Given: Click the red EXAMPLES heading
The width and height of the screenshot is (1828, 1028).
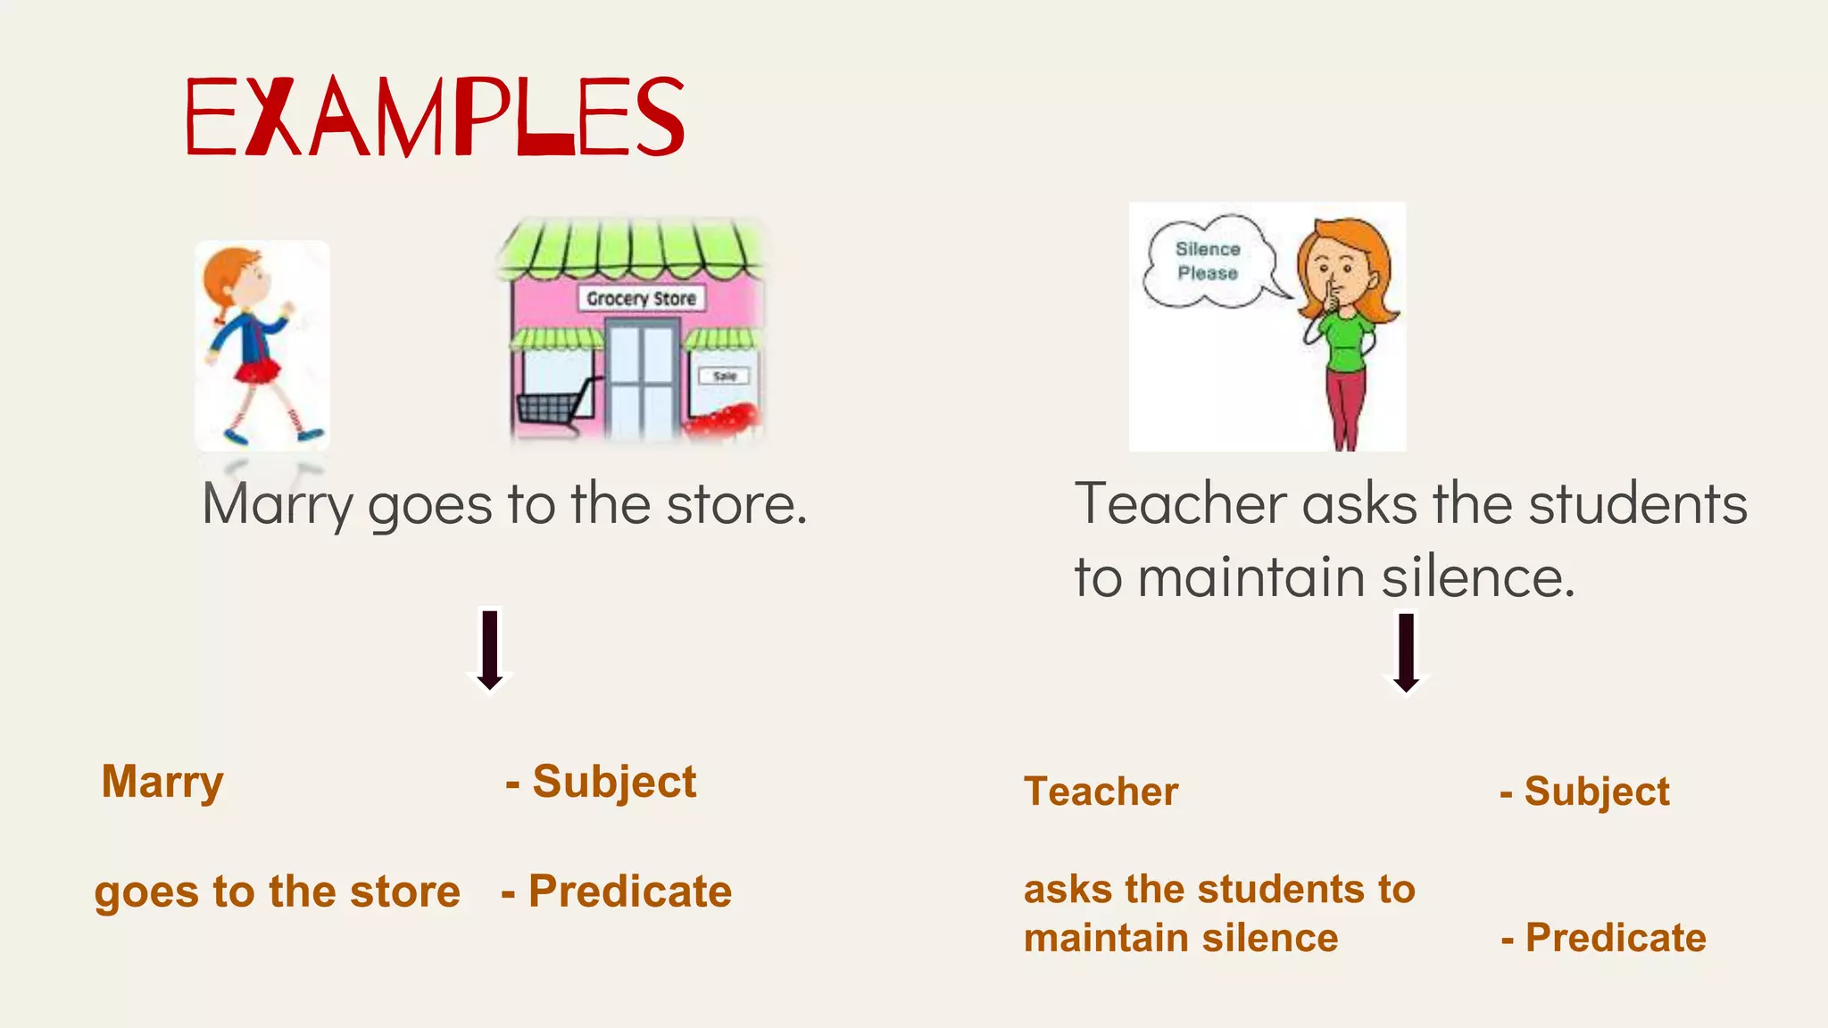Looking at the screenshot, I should point(435,116).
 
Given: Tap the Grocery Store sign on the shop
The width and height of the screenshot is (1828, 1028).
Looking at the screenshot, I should point(641,298).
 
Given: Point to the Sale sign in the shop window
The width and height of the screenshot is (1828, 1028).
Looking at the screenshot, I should point(725,376).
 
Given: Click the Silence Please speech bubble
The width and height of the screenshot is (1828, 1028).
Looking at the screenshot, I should point(1207,261).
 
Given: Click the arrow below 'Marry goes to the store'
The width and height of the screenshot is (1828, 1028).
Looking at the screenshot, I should point(490,651).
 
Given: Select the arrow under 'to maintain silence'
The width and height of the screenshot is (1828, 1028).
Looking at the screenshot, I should point(1407,653).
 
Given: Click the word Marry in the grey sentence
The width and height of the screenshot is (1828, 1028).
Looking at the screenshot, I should point(278,504).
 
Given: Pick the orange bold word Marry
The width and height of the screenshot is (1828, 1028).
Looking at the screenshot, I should point(162,782).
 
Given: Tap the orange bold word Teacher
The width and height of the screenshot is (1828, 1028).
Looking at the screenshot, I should point(1101,792).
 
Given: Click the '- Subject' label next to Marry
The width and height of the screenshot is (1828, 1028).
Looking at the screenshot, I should point(601,782).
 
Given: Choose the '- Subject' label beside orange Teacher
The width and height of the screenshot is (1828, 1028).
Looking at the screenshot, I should point(1585,792).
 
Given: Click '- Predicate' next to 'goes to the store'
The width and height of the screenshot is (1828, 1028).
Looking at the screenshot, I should point(617,891).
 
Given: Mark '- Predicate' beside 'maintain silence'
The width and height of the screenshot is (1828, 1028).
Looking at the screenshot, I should point(1604,938).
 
